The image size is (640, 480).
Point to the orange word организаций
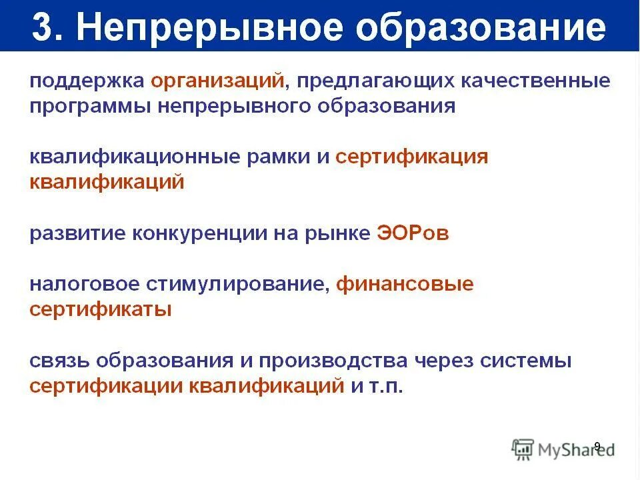pyautogui.click(x=218, y=81)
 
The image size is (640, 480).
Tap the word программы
pyautogui.click(x=90, y=107)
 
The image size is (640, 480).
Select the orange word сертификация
pyautogui.click(x=412, y=157)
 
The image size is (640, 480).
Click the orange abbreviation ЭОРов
pyautogui.click(x=413, y=234)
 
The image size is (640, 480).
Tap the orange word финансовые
pyautogui.click(x=405, y=285)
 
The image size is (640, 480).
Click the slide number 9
pyautogui.click(x=597, y=446)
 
